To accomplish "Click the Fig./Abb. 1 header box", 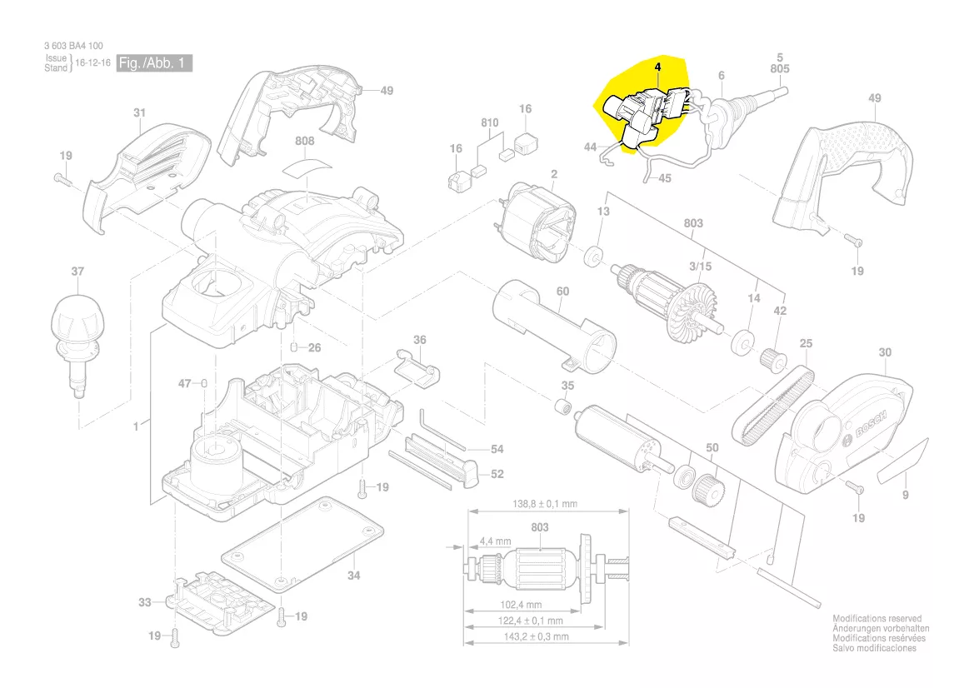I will [155, 63].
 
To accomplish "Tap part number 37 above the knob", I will [77, 272].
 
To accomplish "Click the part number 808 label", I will [305, 142].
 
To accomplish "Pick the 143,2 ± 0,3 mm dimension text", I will [537, 636].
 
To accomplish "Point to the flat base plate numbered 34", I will [303, 542].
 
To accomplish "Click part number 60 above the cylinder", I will [562, 291].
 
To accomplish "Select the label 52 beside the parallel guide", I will [497, 474].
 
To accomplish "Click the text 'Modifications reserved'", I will [877, 619].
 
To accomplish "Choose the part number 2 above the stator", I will [552, 174].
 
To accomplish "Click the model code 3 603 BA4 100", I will [74, 46].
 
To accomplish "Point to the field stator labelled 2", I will [534, 219].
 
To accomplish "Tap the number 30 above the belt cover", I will [884, 352].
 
